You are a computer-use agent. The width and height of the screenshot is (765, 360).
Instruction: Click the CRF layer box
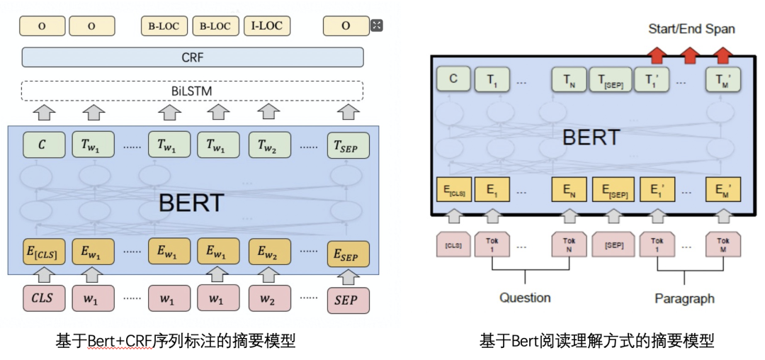pyautogui.click(x=193, y=57)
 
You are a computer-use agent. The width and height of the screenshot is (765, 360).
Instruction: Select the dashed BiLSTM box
pyautogui.click(x=193, y=91)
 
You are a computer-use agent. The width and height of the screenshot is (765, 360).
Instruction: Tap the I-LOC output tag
pyautogui.click(x=267, y=26)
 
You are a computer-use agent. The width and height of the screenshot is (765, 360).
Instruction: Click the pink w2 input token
pyautogui.click(x=267, y=299)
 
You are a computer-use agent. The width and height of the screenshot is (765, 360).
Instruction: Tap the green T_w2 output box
pyautogui.click(x=267, y=145)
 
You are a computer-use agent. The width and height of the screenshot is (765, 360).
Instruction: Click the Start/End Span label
pyautogui.click(x=691, y=29)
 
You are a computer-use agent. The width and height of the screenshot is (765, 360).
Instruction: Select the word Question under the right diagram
pyautogui.click(x=525, y=298)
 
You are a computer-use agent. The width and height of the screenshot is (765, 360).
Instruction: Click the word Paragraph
pyautogui.click(x=684, y=298)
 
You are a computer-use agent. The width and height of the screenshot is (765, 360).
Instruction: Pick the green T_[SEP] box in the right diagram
pyautogui.click(x=611, y=80)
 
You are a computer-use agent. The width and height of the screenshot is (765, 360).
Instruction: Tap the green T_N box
pyautogui.click(x=569, y=80)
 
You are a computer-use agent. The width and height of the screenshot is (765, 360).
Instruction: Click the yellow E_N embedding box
pyautogui.click(x=569, y=190)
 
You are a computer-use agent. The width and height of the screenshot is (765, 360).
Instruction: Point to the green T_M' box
pyautogui.click(x=723, y=80)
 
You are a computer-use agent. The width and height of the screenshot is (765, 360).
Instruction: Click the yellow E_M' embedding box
pyautogui.click(x=723, y=190)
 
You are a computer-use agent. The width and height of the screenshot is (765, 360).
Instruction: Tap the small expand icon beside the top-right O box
pyautogui.click(x=377, y=26)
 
